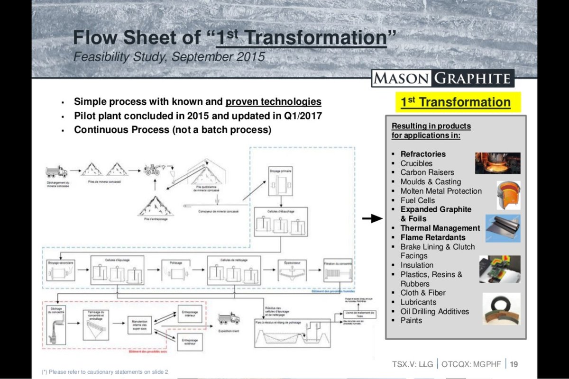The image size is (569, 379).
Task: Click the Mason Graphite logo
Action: [x=442, y=78]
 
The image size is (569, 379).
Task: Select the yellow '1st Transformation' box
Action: [x=455, y=102]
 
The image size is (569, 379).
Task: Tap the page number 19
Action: [x=514, y=364]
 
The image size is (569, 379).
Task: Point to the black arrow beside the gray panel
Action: [x=372, y=218]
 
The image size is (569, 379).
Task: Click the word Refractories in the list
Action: [x=423, y=154]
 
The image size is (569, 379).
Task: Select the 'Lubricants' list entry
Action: [x=418, y=302]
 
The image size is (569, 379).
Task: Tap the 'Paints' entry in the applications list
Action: [x=411, y=320]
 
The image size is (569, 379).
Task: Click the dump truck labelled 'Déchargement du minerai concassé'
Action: [x=56, y=171]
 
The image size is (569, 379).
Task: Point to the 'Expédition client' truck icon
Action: [x=229, y=318]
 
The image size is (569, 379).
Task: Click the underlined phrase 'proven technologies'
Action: [x=274, y=102]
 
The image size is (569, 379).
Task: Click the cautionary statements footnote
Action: [x=105, y=372]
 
